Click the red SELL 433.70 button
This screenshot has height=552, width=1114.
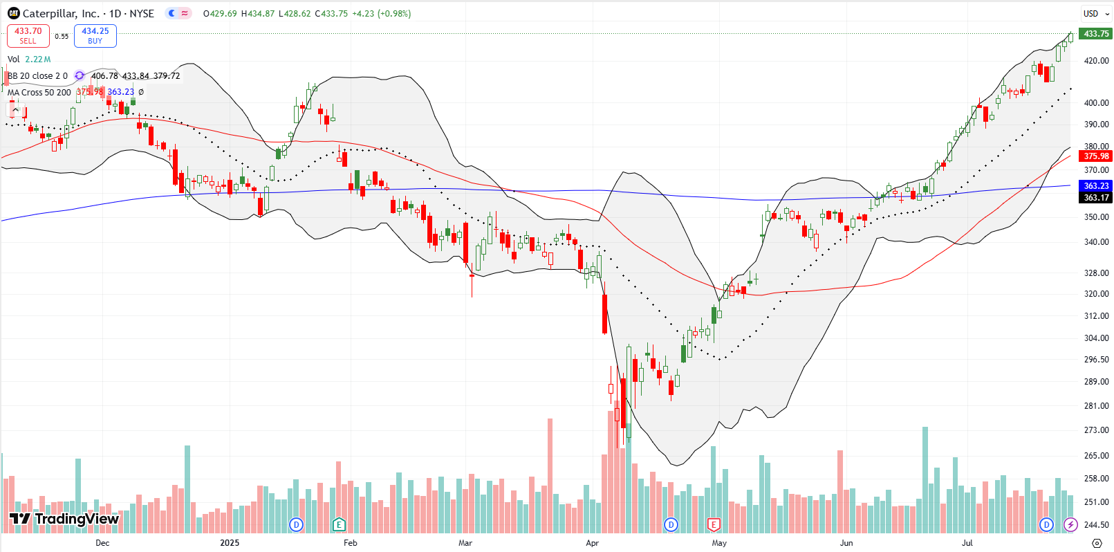[x=28, y=36]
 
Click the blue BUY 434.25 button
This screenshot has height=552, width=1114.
[x=95, y=36]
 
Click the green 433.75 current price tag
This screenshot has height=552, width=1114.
[x=1096, y=34]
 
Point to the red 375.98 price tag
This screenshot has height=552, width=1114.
[x=1096, y=156]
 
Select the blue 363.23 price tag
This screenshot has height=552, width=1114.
[x=1096, y=186]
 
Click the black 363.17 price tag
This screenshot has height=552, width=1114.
[x=1096, y=198]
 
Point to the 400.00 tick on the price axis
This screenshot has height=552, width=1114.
[x=1096, y=103]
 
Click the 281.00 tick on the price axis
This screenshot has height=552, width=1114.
[x=1096, y=406]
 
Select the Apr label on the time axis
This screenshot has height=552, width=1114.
[x=592, y=543]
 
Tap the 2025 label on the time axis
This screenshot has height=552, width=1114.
[x=230, y=543]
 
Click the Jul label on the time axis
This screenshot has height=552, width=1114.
[x=967, y=543]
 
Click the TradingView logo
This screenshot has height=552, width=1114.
[x=64, y=519]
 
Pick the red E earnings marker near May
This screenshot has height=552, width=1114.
[x=714, y=524]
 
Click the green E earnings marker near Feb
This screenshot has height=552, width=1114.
[x=339, y=524]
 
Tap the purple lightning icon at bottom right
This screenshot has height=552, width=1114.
[x=1070, y=524]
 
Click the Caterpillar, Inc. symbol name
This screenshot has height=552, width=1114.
[x=61, y=13]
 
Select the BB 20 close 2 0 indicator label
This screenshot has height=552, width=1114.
[x=37, y=76]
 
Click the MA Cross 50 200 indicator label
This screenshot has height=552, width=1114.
[x=39, y=92]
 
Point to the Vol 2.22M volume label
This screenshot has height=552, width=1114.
[x=29, y=59]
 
